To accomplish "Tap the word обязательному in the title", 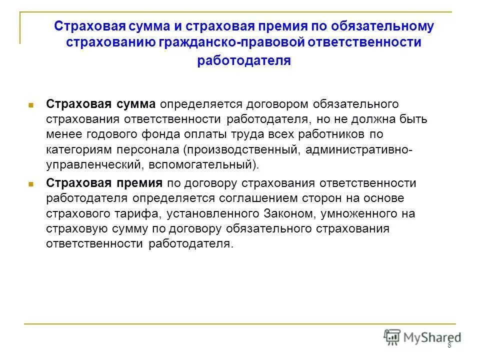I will (384, 26).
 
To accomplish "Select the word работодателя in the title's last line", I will (244, 60).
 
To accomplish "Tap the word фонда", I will (150, 135).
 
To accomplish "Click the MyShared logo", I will (422, 337).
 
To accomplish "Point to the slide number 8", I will (449, 345).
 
